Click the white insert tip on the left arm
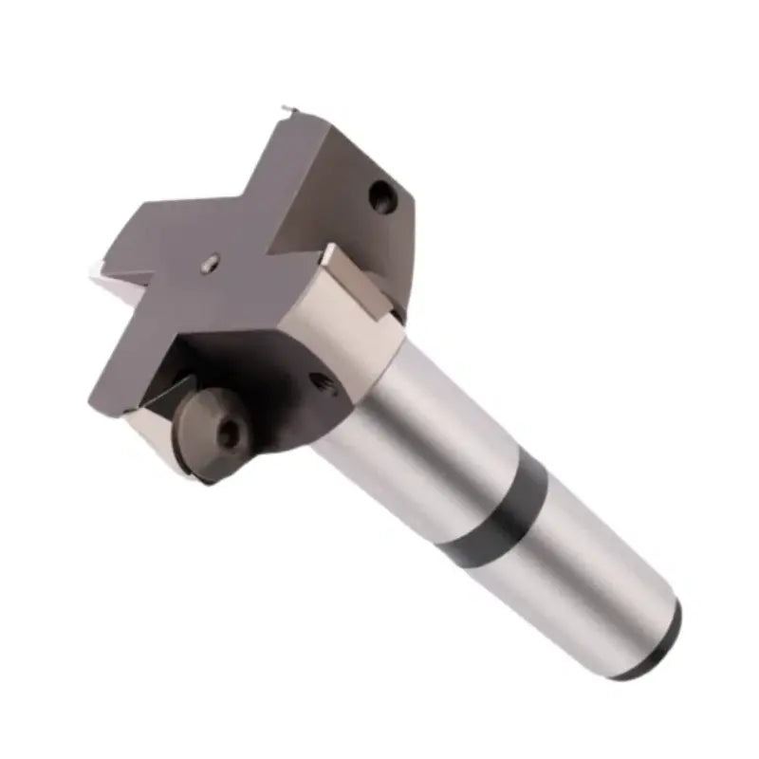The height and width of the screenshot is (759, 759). tap(97, 271)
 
